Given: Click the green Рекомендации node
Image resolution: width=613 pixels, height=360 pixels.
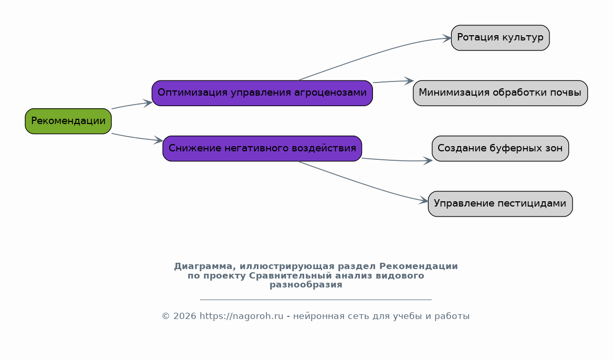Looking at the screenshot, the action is coord(68,121).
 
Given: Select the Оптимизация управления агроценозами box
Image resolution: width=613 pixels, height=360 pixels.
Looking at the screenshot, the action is coord(262,93).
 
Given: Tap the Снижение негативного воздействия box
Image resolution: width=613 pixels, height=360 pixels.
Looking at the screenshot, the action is coord(262,149).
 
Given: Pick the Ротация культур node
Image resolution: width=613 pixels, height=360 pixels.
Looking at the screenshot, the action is coord(501,38).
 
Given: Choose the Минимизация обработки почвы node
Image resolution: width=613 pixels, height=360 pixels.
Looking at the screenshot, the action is coord(501,93).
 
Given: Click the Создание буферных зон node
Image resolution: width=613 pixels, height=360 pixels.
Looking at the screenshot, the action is coord(501,149).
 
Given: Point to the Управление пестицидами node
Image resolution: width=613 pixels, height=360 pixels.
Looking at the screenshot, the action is coord(501,204).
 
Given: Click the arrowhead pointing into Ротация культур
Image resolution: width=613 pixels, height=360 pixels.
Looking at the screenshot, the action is coord(447,38).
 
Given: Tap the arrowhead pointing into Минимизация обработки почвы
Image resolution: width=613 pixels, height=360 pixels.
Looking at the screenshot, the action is coord(409,80).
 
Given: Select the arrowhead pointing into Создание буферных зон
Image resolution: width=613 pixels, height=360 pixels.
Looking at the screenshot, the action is coord(428,160).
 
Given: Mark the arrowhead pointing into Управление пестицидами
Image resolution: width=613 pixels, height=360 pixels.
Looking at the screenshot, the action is coord(424,201).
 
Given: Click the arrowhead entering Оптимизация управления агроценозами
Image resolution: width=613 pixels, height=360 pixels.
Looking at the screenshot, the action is coord(148,103).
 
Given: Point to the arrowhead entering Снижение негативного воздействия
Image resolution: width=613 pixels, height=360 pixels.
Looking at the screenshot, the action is coord(159,140).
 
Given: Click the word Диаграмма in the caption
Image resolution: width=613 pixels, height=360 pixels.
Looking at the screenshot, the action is coord(205,266).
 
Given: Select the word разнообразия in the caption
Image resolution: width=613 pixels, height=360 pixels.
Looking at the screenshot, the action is coord(306,285).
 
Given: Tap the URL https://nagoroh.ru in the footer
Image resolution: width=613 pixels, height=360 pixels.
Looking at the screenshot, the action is coord(242,316).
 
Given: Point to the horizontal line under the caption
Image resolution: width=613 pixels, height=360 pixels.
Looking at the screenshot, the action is coord(316,300).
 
